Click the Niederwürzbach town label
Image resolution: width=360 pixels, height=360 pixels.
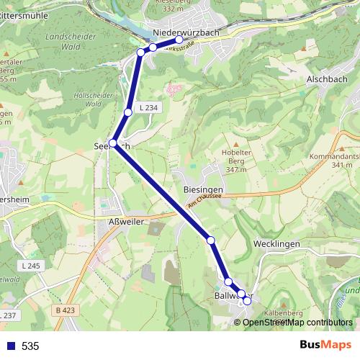tap(190, 32)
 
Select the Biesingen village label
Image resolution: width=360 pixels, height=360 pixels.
tap(203, 189)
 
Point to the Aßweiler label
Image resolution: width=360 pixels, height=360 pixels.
tap(126, 223)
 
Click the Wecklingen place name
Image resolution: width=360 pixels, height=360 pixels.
tap(276, 244)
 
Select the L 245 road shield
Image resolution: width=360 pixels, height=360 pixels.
tap(31, 266)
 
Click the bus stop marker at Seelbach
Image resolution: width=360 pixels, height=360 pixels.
tap(113, 143)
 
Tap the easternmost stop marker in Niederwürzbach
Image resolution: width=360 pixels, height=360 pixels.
tap(179, 40)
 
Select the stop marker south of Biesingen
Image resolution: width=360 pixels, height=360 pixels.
tap(212, 240)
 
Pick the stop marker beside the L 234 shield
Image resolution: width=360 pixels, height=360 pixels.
tap(128, 112)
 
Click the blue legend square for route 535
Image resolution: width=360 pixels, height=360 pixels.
tap(9, 346)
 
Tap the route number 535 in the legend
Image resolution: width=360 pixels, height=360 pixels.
tap(30, 346)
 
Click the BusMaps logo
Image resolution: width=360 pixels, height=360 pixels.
tap(325, 345)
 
